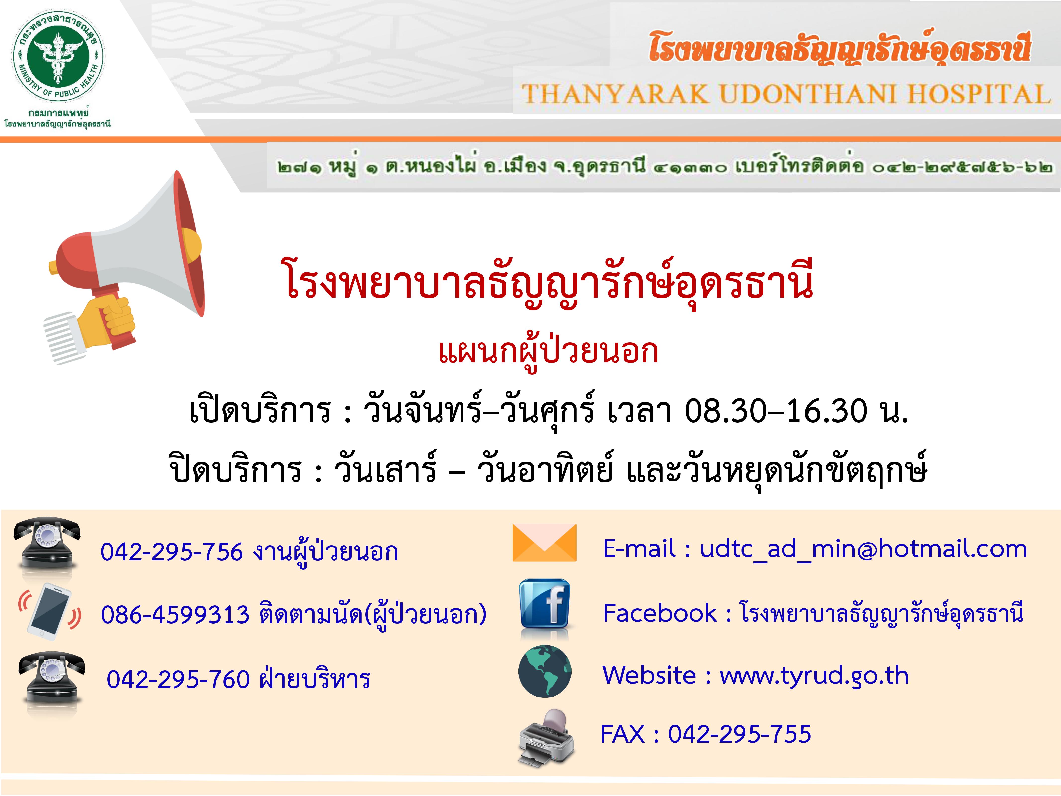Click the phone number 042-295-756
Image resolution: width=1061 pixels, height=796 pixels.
tap(171, 552)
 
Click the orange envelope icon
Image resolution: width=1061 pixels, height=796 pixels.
tap(544, 543)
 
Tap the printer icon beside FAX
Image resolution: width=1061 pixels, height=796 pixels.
tap(546, 737)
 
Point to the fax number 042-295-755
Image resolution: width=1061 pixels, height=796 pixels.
tap(740, 734)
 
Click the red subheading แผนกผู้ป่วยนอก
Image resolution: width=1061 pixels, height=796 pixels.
tap(548, 351)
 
